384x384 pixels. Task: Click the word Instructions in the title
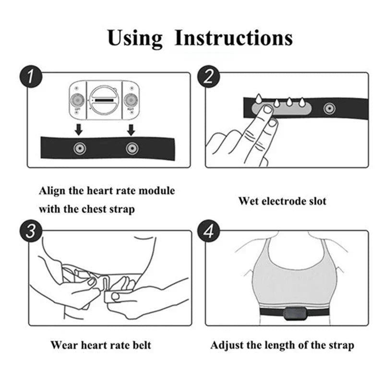coord(233,38)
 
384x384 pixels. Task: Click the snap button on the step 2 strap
coord(329,108)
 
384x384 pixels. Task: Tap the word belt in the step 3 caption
coord(141,345)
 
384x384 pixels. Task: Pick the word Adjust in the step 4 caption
coord(227,345)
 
